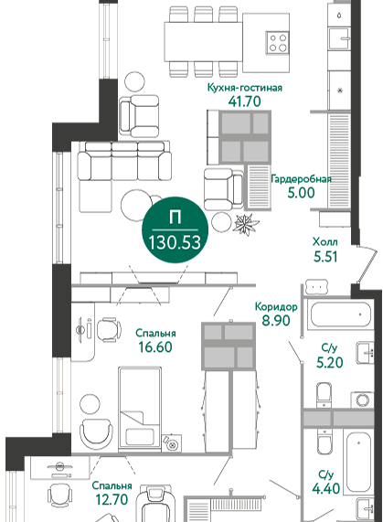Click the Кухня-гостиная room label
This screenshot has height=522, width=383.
pyautogui.click(x=245, y=88)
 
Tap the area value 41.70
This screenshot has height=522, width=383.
pyautogui.click(x=245, y=101)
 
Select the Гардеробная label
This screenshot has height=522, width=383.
pyautogui.click(x=301, y=179)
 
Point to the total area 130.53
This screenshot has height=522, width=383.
pyautogui.click(x=175, y=242)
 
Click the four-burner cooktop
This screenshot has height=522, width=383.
pyautogui.click(x=278, y=43)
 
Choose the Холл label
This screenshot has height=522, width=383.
pyautogui.click(x=325, y=241)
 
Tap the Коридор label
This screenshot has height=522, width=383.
pyautogui.click(x=276, y=306)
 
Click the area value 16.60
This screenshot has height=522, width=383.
pyautogui.click(x=155, y=346)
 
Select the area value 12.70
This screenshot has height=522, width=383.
pyautogui.click(x=112, y=499)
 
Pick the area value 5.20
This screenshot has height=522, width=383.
pyautogui.click(x=329, y=362)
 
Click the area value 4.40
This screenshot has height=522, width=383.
pyautogui.click(x=326, y=488)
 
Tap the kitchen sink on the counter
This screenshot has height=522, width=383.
pyautogui.click(x=339, y=39)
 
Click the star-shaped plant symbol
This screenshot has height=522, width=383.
pyautogui.click(x=246, y=224)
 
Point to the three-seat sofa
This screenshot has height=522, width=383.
pyautogui.click(x=125, y=161)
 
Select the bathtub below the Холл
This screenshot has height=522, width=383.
pyautogui.click(x=340, y=314)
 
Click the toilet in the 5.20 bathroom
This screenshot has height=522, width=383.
pyautogui.click(x=324, y=395)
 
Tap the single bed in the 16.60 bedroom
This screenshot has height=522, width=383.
pyautogui.click(x=140, y=410)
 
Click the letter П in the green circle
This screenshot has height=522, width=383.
pyautogui.click(x=175, y=218)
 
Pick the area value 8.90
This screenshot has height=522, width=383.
pyautogui.click(x=276, y=321)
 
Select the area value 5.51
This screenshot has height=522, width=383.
pyautogui.click(x=325, y=256)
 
